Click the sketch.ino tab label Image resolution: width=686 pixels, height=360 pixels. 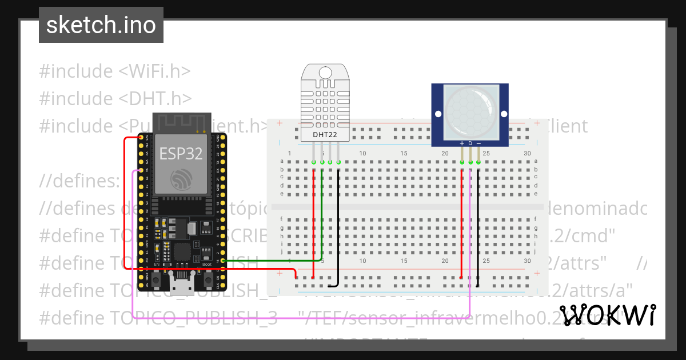tap(101, 25)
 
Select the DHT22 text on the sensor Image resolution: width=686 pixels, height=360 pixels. tap(325, 135)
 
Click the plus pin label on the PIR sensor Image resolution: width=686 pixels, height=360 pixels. tap(462, 143)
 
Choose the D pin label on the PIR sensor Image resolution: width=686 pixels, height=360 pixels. tap(470, 143)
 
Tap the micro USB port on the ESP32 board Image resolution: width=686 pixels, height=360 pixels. tap(182, 284)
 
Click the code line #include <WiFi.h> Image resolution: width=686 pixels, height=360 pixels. tap(114, 71)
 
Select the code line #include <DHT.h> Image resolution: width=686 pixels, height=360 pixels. tap(115, 98)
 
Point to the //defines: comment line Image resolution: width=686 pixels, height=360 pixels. tap(79, 182)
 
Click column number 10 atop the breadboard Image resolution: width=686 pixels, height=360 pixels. tap(362, 154)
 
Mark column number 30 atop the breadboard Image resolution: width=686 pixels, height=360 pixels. tap(528, 154)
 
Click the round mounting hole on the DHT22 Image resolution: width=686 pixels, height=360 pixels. tap(325, 73)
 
